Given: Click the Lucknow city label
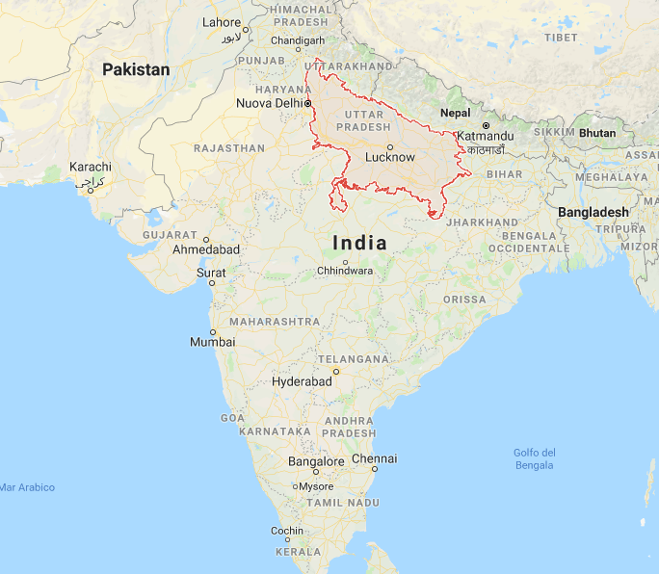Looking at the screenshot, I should click(390, 157).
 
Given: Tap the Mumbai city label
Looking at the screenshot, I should click(212, 342).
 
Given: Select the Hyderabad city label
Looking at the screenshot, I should click(302, 381).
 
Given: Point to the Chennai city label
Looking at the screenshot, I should click(374, 458).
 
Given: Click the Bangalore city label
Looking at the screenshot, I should click(316, 461).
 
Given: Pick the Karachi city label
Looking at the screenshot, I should click(91, 168).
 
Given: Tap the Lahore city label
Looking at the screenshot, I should click(222, 22).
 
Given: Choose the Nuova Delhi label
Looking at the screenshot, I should click(270, 103).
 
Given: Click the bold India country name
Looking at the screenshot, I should click(358, 243).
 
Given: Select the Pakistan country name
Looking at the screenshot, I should click(136, 69).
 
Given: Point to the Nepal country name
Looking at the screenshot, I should click(456, 113).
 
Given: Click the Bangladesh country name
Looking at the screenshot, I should click(593, 212).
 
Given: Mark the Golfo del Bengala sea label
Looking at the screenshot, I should click(534, 458).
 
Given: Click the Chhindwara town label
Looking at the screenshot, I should click(345, 272).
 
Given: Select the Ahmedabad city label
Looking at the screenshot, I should click(206, 248).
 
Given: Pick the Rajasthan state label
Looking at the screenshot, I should click(228, 148).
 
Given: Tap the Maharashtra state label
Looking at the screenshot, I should click(275, 321).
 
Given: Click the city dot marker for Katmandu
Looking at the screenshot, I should click(487, 126).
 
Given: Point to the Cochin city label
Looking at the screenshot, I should click(287, 531).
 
